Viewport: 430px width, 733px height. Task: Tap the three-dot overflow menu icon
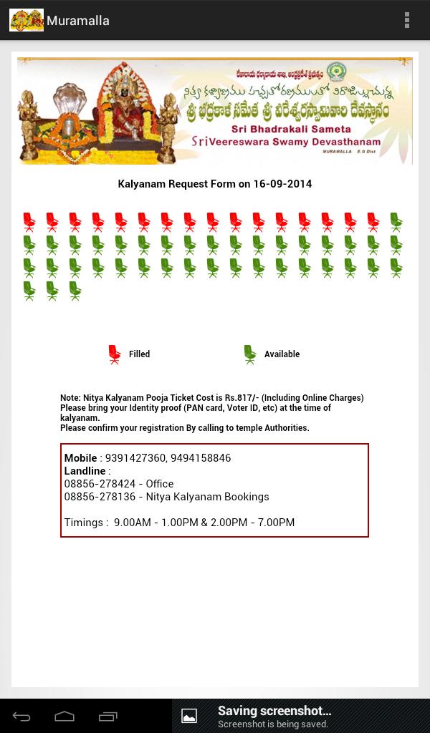point(407,20)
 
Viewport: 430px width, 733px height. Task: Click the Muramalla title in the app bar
point(78,21)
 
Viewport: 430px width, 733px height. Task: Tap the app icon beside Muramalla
point(26,20)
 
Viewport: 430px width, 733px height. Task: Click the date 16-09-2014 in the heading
point(282,184)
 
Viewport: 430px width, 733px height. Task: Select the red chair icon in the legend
point(115,354)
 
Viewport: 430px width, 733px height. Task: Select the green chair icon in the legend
point(249,354)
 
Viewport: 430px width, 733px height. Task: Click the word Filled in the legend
point(139,354)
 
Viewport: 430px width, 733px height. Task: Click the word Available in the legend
point(282,354)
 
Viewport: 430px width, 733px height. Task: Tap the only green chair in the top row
point(396,222)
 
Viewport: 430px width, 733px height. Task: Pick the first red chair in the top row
point(29,222)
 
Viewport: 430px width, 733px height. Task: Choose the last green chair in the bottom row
point(75,291)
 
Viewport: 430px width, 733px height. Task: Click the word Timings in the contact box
point(84,523)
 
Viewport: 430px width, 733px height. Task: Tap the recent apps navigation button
point(108,717)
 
